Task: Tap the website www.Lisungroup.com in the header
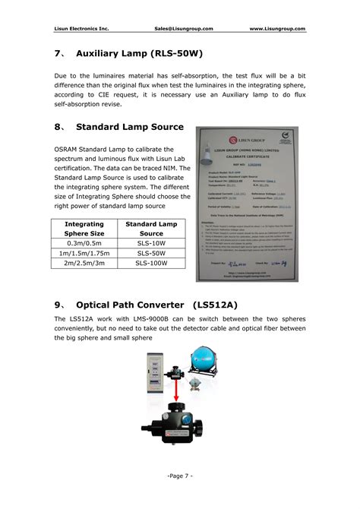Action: [277, 28]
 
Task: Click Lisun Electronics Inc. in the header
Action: [81, 28]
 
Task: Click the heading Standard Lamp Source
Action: [129, 126]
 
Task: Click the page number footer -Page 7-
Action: [179, 475]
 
